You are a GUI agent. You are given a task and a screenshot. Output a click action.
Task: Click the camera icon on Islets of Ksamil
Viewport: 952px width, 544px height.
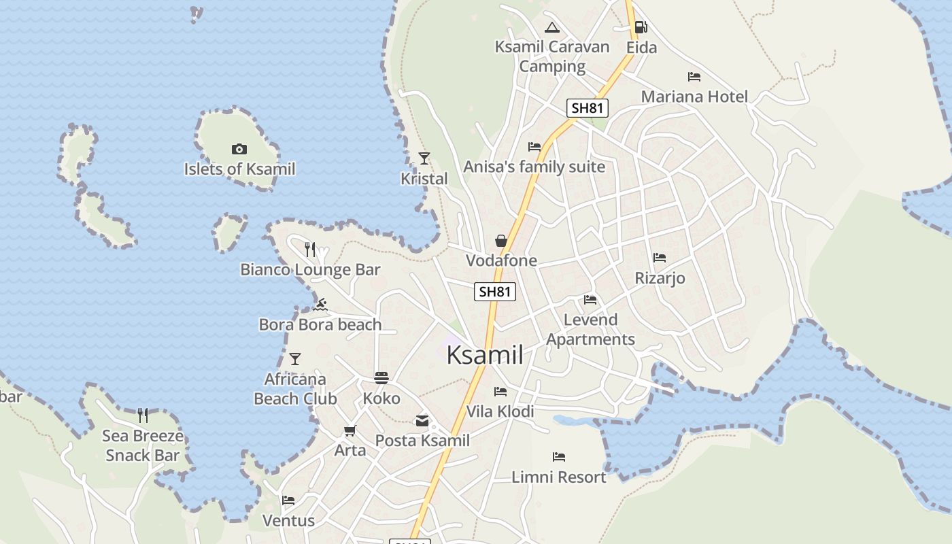239,149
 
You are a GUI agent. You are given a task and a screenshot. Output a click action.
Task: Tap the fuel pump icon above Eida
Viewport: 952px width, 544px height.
640,27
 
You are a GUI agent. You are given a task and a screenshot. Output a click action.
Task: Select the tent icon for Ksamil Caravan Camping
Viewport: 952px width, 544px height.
552,27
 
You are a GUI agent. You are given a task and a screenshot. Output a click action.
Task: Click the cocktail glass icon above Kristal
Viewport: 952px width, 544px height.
424,158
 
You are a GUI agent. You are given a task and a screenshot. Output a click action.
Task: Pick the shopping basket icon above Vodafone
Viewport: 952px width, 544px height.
501,241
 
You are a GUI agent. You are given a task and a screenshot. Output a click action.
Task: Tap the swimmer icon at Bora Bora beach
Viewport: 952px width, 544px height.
320,304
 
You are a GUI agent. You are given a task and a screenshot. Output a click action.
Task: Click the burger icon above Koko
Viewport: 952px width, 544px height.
381,378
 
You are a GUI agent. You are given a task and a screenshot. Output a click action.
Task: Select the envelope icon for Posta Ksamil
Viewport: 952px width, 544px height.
422,421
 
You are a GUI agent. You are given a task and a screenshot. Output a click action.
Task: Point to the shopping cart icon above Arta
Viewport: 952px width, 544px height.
350,430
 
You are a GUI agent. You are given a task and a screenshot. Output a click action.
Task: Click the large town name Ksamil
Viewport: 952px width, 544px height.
485,355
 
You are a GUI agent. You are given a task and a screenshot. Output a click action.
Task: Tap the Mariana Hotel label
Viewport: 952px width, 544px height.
694,97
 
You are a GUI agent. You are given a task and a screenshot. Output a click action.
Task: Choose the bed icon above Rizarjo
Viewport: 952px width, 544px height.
659,258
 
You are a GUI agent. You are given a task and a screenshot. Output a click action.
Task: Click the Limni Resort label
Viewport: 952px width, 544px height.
558,477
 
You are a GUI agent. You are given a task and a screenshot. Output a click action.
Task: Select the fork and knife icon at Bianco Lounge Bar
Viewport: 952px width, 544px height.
310,250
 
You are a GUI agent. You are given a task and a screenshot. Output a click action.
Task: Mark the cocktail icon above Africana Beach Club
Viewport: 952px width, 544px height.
295,358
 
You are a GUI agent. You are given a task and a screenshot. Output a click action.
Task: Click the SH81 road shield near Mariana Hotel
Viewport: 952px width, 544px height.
588,107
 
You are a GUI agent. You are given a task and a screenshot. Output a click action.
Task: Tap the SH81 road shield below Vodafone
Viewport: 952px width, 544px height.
494,292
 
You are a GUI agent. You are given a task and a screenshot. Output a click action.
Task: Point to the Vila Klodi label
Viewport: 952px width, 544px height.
500,411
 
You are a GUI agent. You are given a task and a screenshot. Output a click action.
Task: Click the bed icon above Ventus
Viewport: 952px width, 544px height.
288,501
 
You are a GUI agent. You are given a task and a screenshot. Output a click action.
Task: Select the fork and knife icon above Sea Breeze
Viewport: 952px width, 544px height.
143,415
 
